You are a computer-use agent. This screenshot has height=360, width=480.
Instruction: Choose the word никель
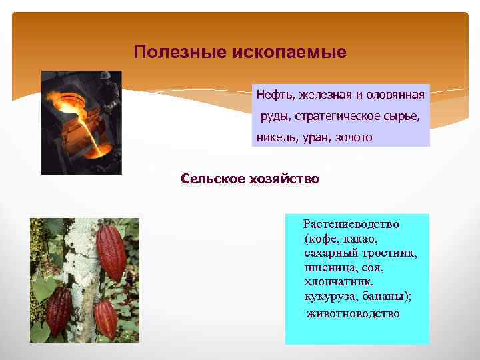click(x=273, y=137)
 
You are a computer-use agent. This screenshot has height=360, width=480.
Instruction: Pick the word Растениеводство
click(x=351, y=225)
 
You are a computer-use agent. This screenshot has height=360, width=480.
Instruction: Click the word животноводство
click(x=353, y=313)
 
